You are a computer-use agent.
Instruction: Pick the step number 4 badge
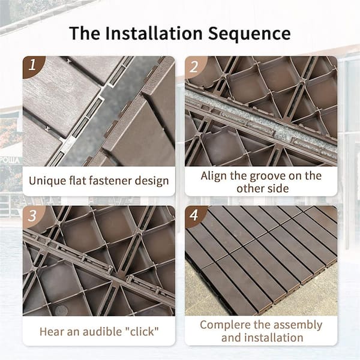[x=193, y=215]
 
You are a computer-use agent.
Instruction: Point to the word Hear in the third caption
[x=52, y=331]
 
